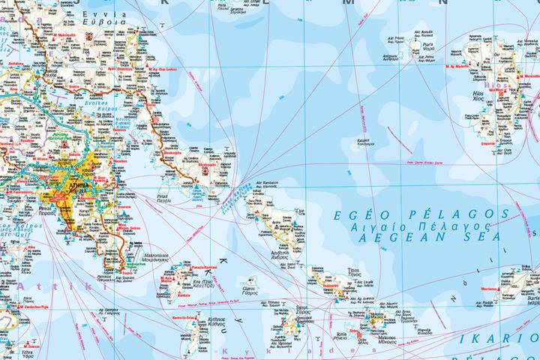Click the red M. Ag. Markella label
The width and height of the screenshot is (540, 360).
click(461, 67)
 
